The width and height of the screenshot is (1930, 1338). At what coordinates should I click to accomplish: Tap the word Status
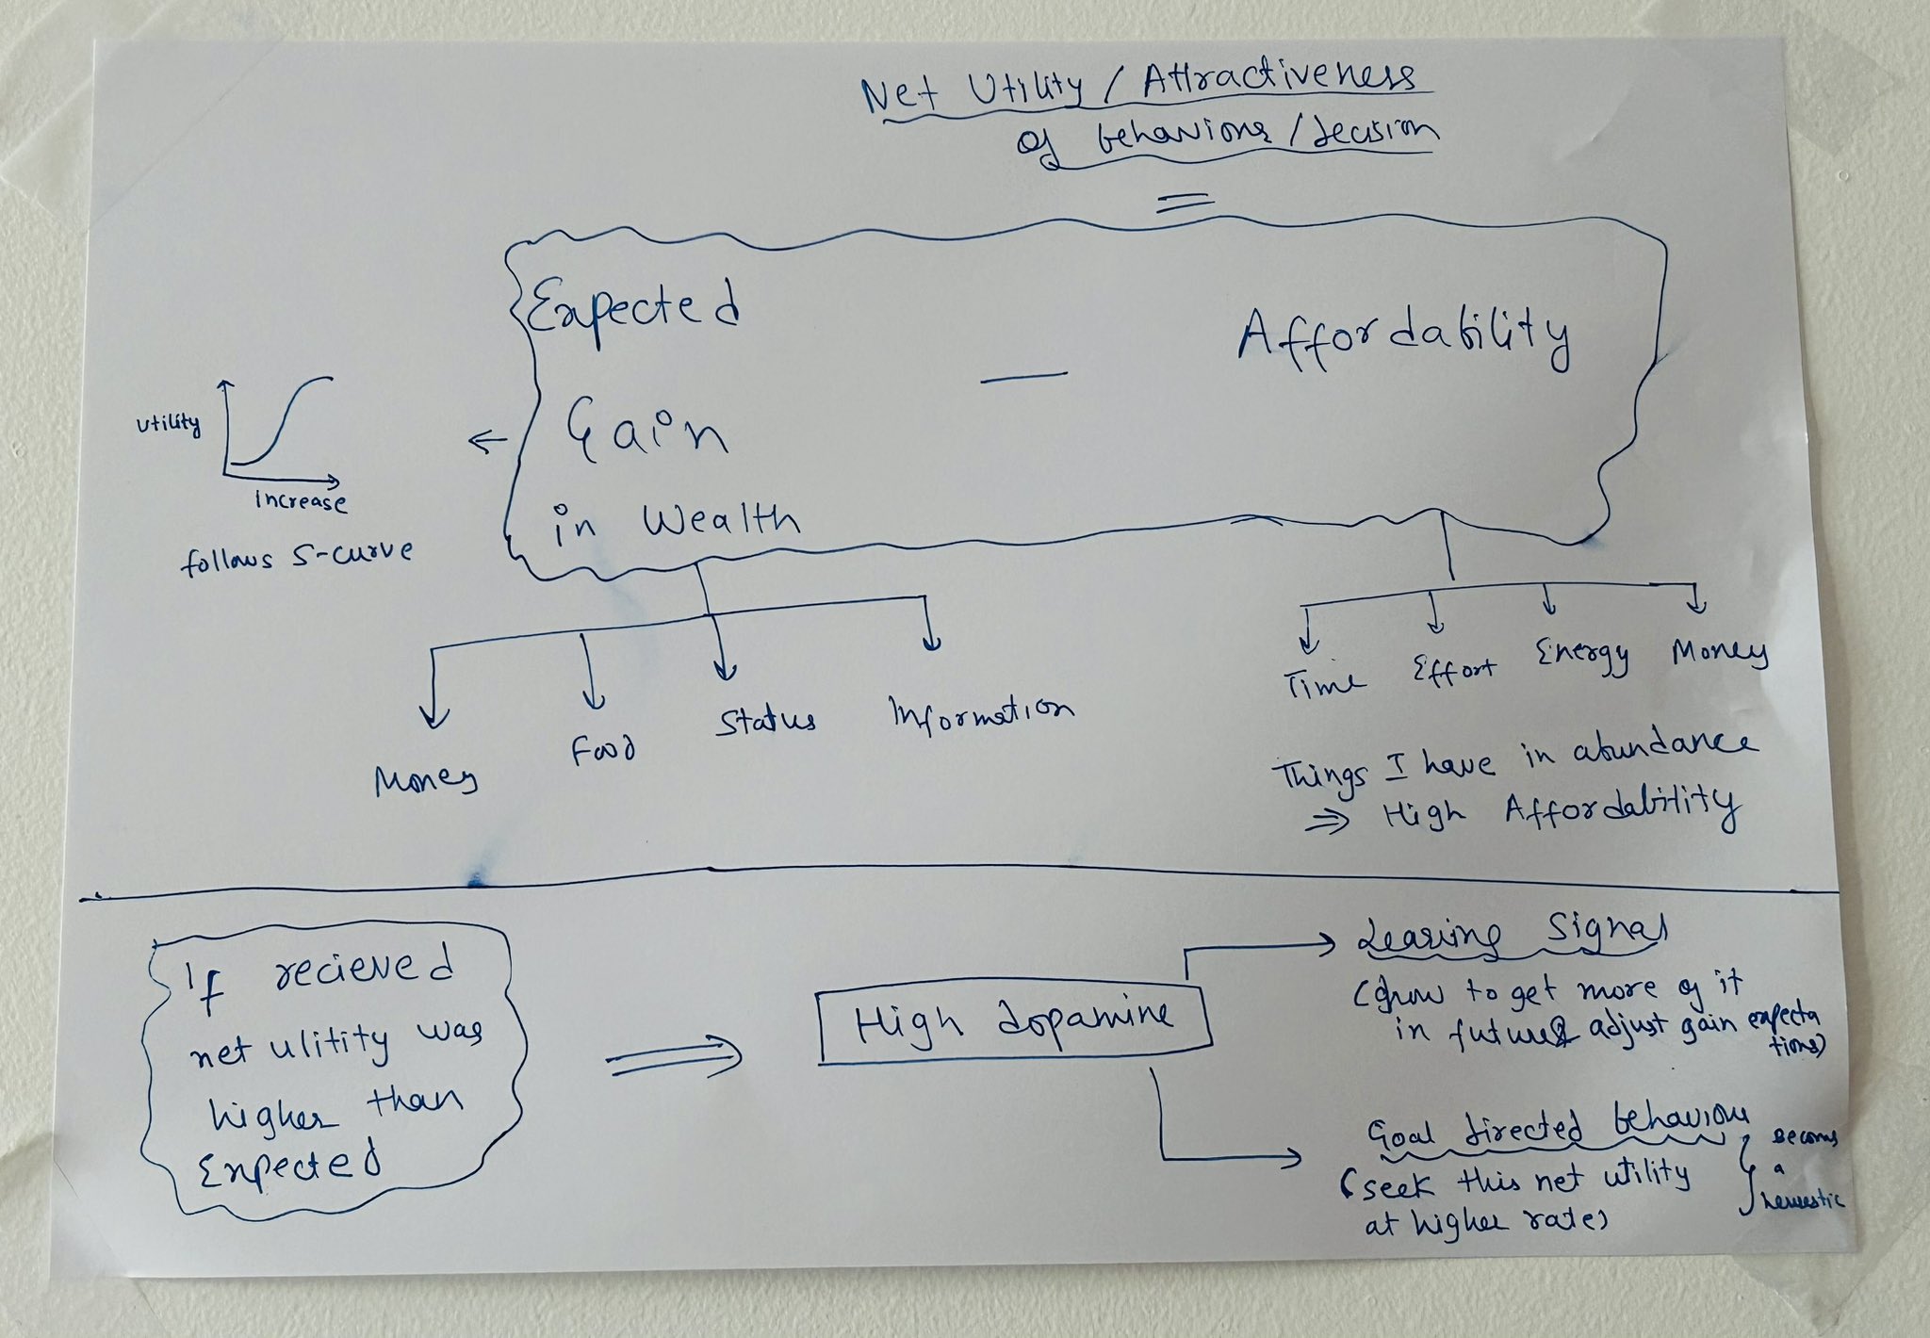coord(765,721)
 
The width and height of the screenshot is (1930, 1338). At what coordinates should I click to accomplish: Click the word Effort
coord(1453,670)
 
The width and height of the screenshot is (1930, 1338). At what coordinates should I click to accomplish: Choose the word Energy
coord(1582,656)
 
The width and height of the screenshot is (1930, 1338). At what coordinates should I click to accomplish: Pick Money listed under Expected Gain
coord(426,780)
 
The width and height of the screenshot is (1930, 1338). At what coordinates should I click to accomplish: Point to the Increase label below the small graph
coord(301,500)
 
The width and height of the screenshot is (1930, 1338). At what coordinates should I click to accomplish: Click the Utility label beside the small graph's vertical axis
coord(169,423)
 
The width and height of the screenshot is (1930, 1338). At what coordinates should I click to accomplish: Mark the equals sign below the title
coord(1184,201)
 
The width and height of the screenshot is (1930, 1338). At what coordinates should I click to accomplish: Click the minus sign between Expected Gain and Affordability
coord(1023,375)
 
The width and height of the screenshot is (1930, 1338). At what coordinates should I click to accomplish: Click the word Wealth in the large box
coord(721,521)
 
